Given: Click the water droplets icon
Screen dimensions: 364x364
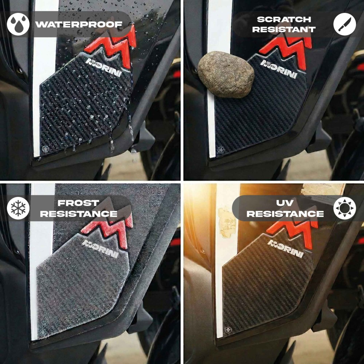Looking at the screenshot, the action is pos(18,24).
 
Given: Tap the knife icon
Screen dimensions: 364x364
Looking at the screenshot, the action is pos(344,24).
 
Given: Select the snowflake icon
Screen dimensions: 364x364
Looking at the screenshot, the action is pos(18,208).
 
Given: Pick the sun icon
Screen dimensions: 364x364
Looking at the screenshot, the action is pos(344,208).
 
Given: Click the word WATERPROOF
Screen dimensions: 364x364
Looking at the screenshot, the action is pos(79,24).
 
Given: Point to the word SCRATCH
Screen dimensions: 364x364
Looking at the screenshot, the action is pos(284,20).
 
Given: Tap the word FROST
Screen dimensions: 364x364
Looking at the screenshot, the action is pos(78,203).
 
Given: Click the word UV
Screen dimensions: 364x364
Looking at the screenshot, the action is pos(285,203).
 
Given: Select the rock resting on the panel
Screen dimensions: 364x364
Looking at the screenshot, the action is pos(226,74).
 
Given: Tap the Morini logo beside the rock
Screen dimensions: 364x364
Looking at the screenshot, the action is pos(279,69).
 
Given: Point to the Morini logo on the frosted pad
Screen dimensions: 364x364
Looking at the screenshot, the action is pos(100,249).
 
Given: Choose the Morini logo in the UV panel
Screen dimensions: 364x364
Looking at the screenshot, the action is pos(286,249).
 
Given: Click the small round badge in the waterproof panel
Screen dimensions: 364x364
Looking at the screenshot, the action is pos(45,149).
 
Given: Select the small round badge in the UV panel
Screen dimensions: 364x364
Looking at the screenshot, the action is pos(228,330).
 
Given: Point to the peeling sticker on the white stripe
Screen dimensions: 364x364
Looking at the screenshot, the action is pos(225,222).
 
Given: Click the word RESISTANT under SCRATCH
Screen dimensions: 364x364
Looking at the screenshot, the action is pos(284,29).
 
